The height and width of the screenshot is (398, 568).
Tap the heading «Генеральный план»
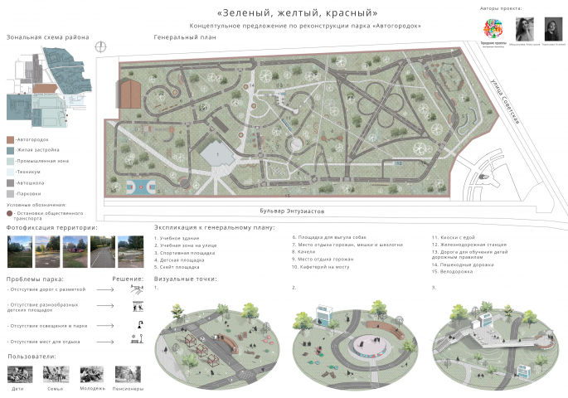click(184, 38)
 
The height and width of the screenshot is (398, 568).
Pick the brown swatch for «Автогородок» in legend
click(10, 139)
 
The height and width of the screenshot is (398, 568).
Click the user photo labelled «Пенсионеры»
click(127, 373)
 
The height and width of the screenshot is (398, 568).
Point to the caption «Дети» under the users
click(18, 388)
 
